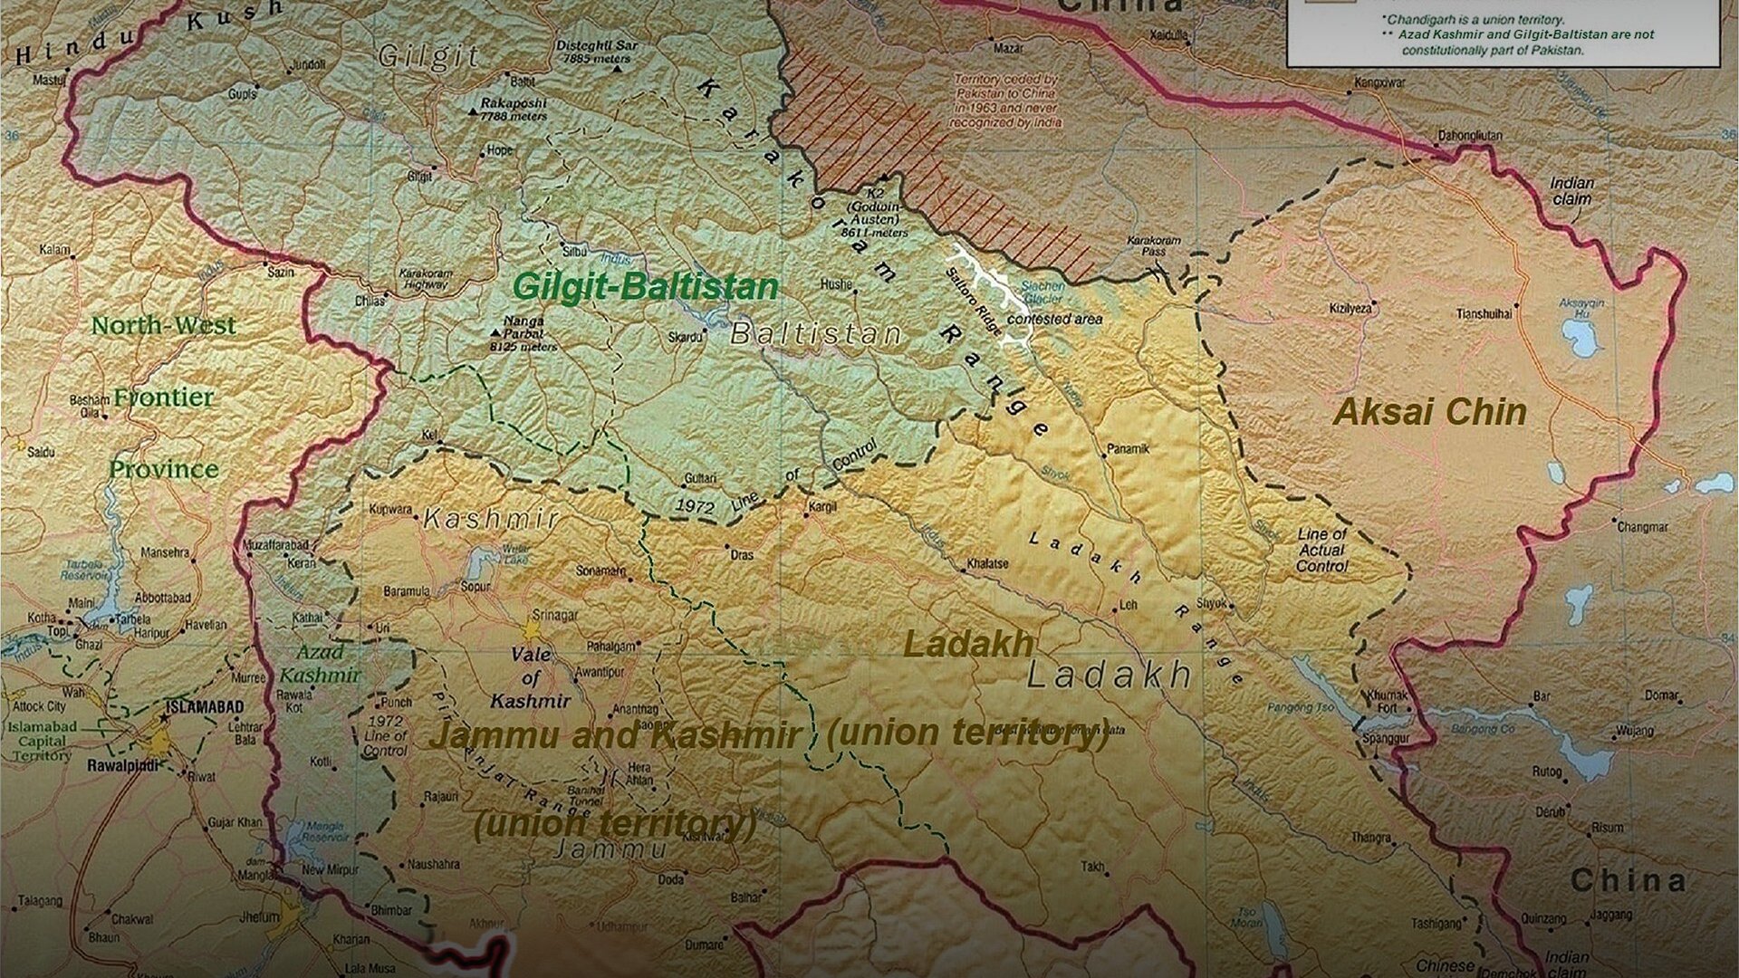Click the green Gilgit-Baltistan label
click(645, 287)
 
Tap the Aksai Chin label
click(1430, 413)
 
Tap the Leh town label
click(1129, 604)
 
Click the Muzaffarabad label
click(275, 547)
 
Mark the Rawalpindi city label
click(123, 766)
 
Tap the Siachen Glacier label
click(1043, 292)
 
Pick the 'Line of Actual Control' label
click(1321, 550)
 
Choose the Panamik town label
click(1128, 448)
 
